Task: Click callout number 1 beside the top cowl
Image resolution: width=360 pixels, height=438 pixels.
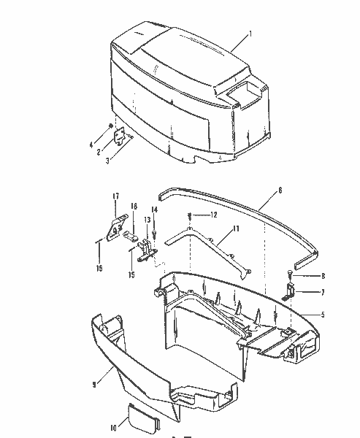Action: (x=250, y=34)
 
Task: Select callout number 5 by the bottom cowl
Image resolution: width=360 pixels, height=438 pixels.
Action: (x=322, y=315)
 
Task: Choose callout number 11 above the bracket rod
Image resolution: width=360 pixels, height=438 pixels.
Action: (x=236, y=229)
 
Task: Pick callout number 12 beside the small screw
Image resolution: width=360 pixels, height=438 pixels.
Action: (x=214, y=215)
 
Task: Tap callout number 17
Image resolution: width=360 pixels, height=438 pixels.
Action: (x=115, y=196)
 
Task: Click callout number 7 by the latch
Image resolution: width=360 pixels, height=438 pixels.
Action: (x=322, y=292)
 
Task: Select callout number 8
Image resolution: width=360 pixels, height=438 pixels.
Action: (x=322, y=277)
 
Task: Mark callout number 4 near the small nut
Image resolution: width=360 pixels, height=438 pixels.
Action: (x=91, y=146)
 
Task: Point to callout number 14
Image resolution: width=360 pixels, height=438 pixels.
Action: (x=154, y=210)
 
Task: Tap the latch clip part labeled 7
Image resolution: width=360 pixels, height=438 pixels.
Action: (x=289, y=292)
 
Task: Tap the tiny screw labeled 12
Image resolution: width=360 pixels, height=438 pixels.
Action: (x=189, y=215)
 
